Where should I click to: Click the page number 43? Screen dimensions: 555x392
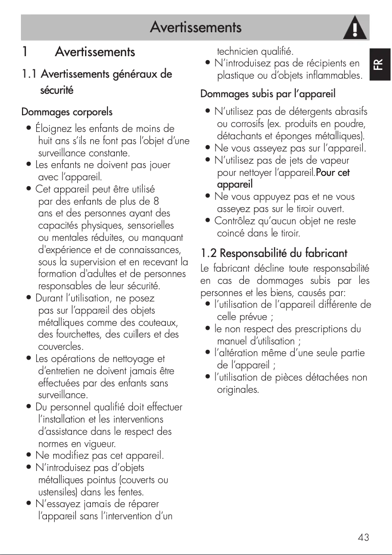363,538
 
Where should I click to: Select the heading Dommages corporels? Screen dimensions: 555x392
67,112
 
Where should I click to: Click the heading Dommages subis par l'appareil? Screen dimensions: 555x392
268,93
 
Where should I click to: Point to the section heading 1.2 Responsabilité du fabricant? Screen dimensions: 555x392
274,253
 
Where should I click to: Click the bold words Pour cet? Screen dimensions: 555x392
333,172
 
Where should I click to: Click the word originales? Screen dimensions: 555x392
238,390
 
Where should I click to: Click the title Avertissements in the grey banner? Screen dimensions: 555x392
196,27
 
